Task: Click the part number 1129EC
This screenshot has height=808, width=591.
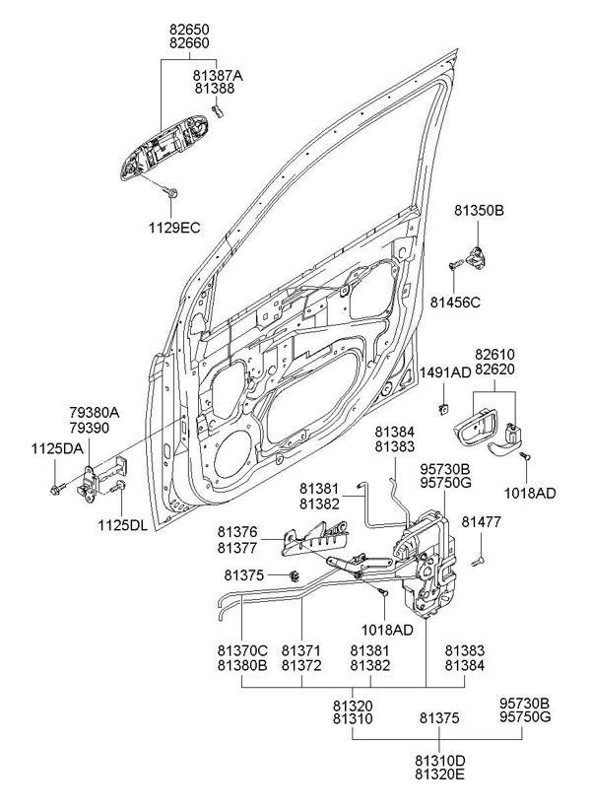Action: [175, 228]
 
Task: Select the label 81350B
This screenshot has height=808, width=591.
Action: [479, 211]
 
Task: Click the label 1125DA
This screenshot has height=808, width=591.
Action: [57, 448]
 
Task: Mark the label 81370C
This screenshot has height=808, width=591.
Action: [242, 650]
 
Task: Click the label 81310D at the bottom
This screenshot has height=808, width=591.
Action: [439, 762]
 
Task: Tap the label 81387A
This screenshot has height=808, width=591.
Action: [219, 75]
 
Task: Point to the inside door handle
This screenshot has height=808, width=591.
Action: [485, 432]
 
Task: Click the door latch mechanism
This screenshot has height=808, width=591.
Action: [427, 567]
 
